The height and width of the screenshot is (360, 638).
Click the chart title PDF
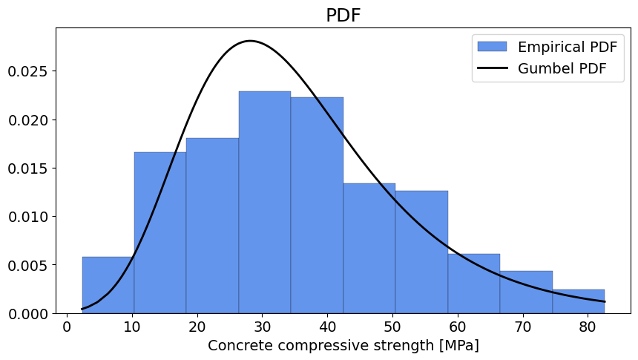click(343, 16)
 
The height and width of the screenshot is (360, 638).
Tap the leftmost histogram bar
click(108, 285)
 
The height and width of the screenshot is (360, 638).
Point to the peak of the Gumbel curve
click(251, 41)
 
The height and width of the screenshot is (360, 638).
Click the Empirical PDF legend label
click(566, 47)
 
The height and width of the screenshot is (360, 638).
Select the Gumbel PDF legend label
click(562, 68)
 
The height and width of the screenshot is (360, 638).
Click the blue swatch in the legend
click(492, 47)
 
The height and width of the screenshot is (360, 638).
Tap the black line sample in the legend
click(492, 68)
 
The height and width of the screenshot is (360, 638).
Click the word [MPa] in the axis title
click(458, 345)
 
